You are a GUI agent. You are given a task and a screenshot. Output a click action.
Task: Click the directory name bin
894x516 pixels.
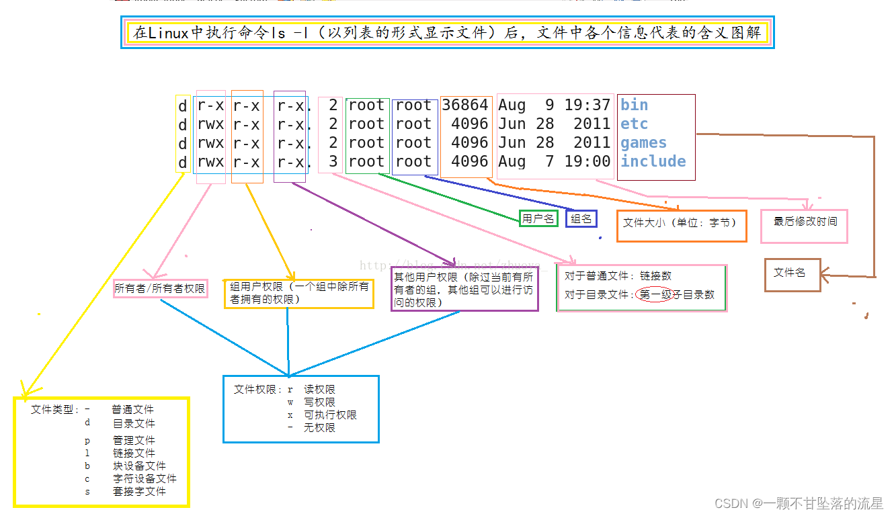pos(634,105)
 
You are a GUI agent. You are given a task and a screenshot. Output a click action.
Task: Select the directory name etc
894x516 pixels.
pos(634,124)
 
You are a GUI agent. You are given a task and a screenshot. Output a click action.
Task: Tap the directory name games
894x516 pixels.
pos(643,142)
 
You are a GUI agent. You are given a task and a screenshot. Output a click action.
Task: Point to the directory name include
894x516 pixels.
pos(653,161)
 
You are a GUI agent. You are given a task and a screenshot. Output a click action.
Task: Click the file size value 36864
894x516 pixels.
pos(465,105)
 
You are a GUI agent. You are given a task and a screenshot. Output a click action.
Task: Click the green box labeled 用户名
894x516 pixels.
pos(538,218)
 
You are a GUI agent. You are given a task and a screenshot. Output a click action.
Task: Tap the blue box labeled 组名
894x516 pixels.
pos(581,218)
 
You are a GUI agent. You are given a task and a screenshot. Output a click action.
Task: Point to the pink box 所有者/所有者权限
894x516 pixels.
pos(160,288)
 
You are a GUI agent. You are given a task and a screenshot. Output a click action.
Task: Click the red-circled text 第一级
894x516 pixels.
pos(655,294)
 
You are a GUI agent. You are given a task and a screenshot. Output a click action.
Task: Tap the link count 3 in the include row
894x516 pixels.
pos(333,161)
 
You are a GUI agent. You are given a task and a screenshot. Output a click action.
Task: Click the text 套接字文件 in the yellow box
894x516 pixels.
pos(139,491)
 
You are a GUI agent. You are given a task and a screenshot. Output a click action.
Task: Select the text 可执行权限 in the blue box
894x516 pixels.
pos(330,415)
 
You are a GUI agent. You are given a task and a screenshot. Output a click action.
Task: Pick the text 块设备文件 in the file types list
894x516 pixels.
pos(139,466)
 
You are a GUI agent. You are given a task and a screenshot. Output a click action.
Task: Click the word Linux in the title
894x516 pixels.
pos(169,32)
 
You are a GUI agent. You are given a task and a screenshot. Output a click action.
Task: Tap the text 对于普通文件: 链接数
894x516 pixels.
pos(618,275)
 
